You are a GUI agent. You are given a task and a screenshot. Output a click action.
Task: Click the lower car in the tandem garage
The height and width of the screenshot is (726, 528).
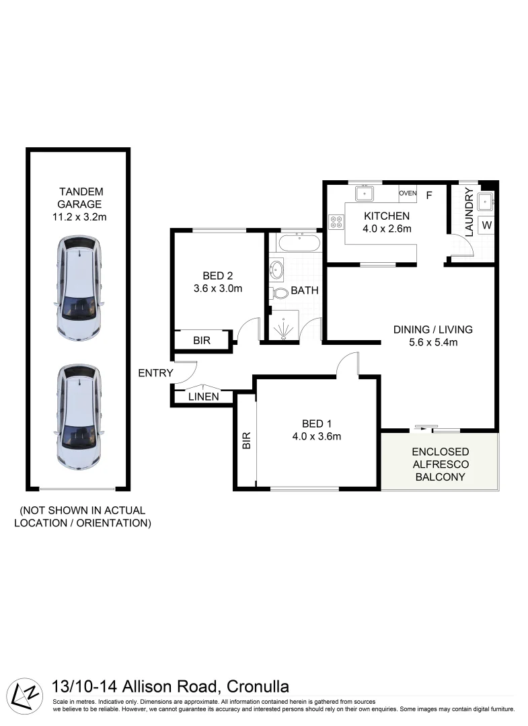(79, 417)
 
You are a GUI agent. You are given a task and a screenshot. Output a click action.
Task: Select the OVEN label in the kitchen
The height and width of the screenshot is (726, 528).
(408, 194)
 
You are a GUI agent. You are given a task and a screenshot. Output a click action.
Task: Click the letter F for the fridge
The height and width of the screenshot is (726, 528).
(428, 196)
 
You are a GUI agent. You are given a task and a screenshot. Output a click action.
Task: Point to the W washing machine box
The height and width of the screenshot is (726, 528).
(486, 225)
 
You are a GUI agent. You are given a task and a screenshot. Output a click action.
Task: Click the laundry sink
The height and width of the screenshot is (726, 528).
(486, 200)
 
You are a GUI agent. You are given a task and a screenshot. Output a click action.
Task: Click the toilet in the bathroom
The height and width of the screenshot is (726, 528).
(278, 292)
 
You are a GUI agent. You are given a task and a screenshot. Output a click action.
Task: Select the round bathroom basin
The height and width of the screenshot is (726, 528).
(276, 270)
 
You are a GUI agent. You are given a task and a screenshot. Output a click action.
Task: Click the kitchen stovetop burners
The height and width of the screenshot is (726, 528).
(335, 223)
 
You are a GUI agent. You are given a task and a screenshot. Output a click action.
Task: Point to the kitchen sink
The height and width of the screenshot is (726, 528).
(364, 194)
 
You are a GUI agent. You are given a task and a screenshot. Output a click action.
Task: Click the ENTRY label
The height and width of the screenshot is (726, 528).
(155, 373)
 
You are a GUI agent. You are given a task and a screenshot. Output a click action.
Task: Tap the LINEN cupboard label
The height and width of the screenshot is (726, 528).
(204, 397)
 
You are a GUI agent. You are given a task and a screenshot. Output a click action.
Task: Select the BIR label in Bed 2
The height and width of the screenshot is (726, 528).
(202, 340)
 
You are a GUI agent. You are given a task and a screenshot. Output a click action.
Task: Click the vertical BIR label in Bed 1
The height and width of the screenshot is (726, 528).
(246, 440)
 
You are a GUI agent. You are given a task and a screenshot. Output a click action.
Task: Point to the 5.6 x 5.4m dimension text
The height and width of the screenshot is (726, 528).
(432, 343)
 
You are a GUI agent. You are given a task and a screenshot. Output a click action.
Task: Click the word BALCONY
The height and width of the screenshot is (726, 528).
(441, 477)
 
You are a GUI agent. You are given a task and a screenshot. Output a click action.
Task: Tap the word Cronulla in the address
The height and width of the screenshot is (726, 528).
(258, 686)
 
